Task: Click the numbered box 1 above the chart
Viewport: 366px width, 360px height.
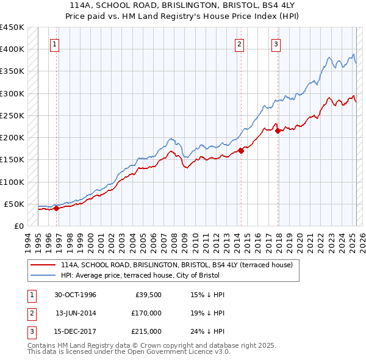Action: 55,44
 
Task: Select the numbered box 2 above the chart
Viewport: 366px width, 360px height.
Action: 239,44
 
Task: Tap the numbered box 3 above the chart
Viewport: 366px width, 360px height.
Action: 276,44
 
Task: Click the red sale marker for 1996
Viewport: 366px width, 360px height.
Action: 57,208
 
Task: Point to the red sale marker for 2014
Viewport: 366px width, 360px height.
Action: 241,150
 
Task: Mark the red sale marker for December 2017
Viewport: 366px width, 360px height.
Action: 278,131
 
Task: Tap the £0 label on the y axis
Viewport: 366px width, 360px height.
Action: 18,226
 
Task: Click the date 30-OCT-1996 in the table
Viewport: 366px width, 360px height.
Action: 76,295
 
